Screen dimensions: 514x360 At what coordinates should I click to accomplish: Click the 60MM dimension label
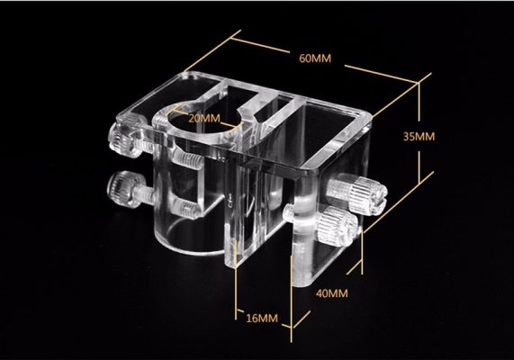[x=315, y=58]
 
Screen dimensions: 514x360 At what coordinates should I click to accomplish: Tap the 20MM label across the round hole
[x=204, y=118]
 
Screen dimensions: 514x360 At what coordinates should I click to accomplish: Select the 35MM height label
[x=419, y=137]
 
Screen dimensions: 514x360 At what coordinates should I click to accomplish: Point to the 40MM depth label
[x=332, y=292]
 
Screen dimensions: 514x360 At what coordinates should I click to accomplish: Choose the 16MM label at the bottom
[x=262, y=318]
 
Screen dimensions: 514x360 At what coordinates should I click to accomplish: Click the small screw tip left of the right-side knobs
[x=289, y=211]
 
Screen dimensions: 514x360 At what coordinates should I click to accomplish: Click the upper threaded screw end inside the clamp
[x=187, y=160]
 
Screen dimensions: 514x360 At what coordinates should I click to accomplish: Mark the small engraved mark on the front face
[x=230, y=198]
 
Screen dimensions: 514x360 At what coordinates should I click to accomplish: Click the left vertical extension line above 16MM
[x=236, y=280]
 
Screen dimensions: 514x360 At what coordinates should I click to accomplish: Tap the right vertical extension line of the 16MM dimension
[x=292, y=299]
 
